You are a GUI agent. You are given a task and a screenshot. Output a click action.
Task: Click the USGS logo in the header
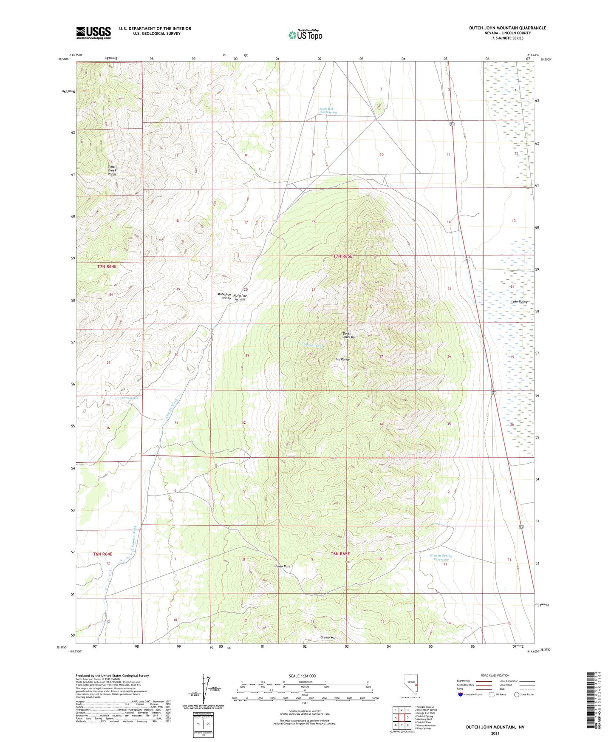[x=93, y=33]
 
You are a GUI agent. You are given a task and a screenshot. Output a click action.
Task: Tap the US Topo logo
[x=305, y=34]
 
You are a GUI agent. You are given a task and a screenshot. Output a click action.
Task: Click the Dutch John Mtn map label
[x=349, y=335]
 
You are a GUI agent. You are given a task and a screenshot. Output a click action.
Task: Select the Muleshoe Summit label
[x=239, y=297]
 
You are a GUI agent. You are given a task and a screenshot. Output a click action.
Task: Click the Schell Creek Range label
[x=112, y=170]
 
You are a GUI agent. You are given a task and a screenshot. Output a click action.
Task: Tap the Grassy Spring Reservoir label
[x=441, y=557]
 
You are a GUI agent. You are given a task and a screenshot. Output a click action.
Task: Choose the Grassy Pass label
[x=282, y=566]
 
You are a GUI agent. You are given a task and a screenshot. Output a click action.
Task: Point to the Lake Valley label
[x=519, y=301]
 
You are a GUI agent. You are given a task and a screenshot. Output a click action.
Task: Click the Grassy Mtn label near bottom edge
[x=328, y=637]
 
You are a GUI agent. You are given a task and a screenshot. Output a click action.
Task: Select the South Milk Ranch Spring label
[x=328, y=110]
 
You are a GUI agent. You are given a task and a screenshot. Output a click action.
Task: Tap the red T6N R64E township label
[x=103, y=554]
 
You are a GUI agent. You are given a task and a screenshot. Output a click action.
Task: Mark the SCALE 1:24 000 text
[x=302, y=676]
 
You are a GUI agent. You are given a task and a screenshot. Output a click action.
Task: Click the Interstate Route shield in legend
[x=461, y=694]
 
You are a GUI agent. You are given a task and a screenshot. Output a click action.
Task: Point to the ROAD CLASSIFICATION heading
[x=495, y=675]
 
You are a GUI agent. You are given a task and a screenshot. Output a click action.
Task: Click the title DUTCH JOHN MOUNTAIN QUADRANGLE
[x=507, y=28]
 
